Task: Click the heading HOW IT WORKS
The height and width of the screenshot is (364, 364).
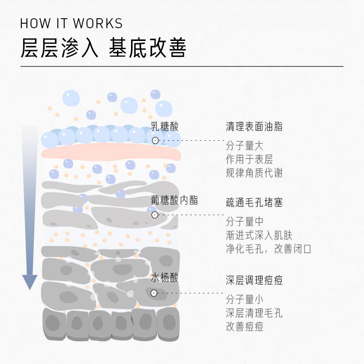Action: coord(71,23)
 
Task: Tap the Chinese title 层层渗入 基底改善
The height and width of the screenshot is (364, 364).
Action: coord(104,48)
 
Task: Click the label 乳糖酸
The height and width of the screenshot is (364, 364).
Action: coord(165,126)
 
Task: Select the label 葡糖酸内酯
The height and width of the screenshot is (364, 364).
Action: coord(174,200)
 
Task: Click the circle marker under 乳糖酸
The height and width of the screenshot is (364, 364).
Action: coord(155,141)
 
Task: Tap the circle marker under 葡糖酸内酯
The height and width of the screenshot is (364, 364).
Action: coord(155,215)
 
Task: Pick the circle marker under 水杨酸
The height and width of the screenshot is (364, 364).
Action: coord(154,293)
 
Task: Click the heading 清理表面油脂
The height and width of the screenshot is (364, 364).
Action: coord(254,126)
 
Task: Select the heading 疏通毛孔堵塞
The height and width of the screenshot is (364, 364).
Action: coord(254,202)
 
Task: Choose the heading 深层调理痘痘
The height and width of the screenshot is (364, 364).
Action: coord(254,280)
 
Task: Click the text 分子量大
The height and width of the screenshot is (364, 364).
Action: coord(244,146)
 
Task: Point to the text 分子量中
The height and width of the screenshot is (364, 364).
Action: coord(244,222)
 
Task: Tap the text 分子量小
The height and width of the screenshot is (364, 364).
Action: coord(244,299)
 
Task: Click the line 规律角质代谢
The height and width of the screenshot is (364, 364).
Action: coord(254,173)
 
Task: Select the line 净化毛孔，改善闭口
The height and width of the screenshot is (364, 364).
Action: coord(268,249)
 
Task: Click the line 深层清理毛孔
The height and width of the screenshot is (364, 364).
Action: coord(254,313)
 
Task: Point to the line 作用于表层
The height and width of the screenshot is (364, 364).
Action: coord(249,160)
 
